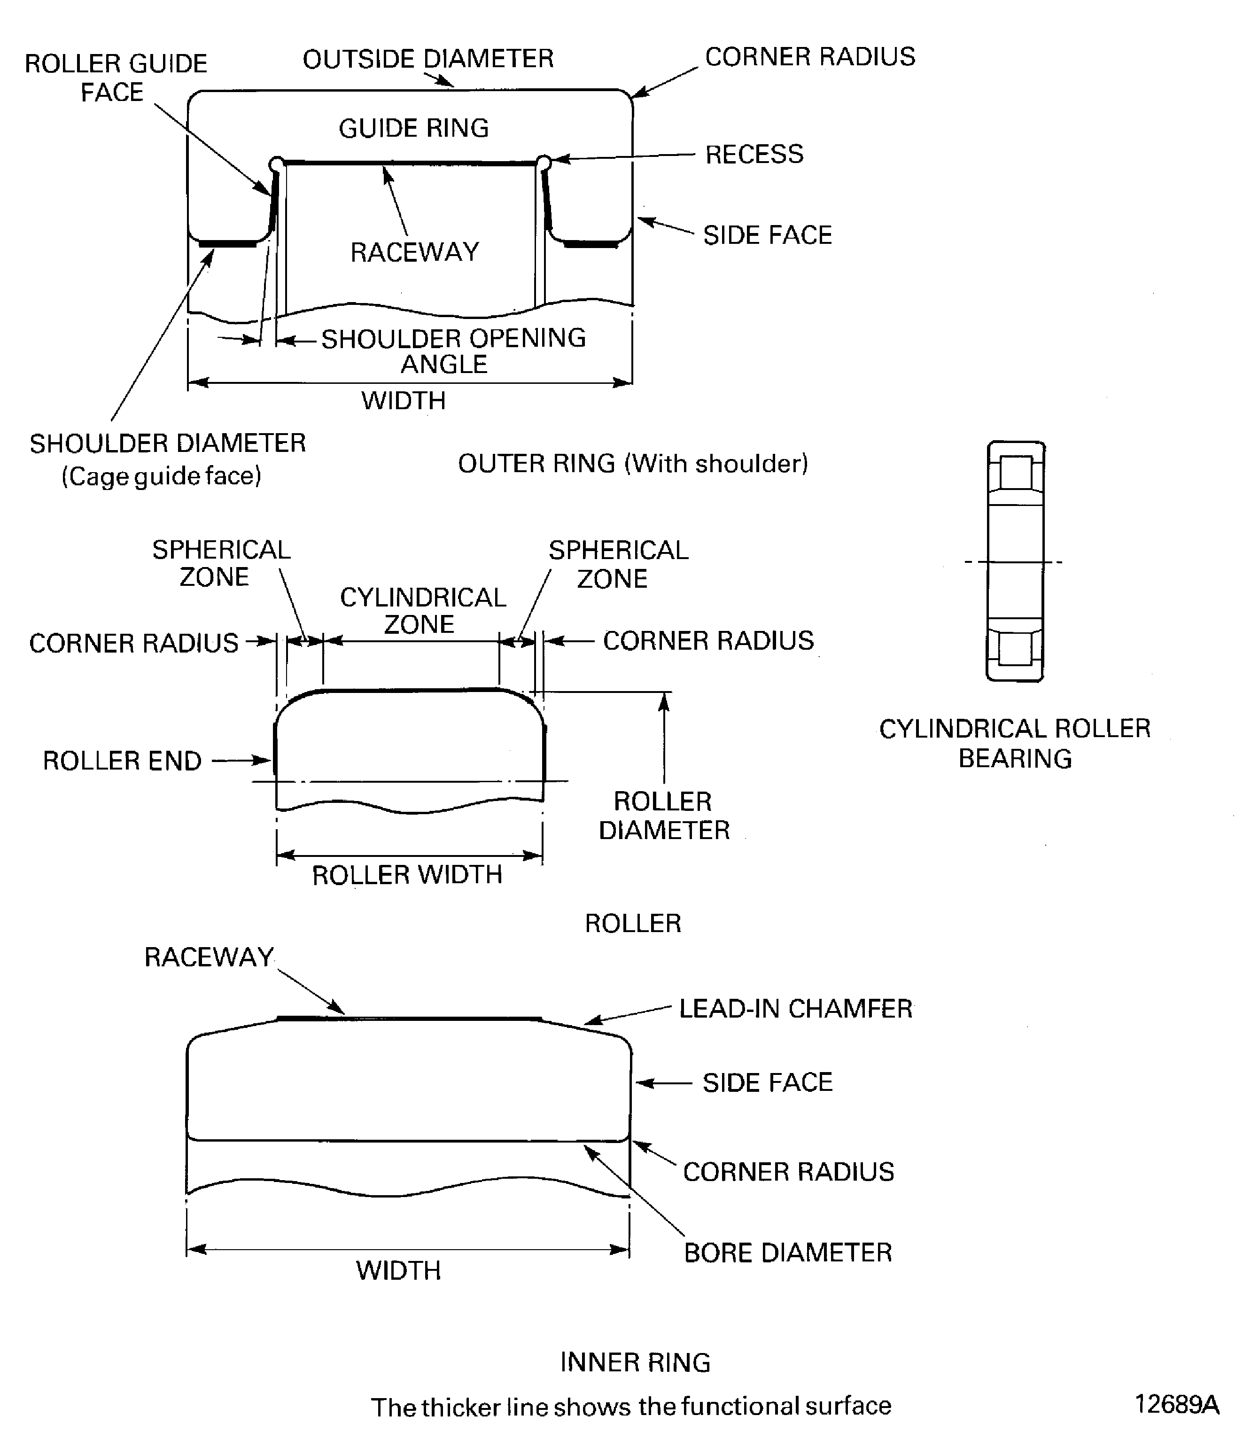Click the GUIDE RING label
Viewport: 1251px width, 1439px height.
click(413, 128)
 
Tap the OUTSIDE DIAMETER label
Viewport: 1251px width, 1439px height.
click(428, 59)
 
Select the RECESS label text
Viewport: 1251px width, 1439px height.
click(754, 154)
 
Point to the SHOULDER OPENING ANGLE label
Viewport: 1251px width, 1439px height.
click(452, 350)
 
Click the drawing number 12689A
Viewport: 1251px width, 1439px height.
click(1176, 1403)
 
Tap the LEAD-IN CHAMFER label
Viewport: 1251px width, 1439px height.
click(795, 1008)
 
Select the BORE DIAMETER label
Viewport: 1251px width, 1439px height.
click(787, 1252)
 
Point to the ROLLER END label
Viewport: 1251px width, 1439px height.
click(122, 760)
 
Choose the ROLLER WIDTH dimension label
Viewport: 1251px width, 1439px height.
click(407, 874)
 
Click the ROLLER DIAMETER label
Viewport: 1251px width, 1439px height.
click(663, 816)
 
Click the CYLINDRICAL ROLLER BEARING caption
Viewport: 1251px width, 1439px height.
click(1014, 743)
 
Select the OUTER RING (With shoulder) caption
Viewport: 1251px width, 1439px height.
click(632, 463)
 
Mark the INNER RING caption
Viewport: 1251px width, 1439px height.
click(635, 1361)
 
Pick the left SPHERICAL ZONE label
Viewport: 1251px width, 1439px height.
click(221, 563)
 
